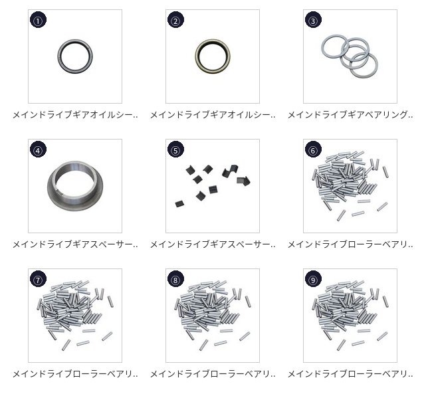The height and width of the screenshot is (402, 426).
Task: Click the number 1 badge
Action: click(x=38, y=20)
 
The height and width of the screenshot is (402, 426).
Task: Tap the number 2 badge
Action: click(x=175, y=20)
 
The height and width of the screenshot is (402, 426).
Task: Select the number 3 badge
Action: click(x=313, y=20)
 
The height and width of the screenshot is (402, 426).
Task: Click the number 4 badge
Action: click(x=38, y=150)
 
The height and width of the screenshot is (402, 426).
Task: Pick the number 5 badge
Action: click(x=175, y=150)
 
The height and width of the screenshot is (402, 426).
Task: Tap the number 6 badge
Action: click(x=313, y=150)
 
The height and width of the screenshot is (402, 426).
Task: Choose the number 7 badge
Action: click(x=38, y=279)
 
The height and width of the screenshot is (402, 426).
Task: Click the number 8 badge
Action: click(x=175, y=279)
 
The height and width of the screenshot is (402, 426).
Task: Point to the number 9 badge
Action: click(x=313, y=279)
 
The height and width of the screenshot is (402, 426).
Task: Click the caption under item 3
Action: click(x=350, y=115)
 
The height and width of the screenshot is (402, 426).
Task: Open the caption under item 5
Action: click(x=213, y=245)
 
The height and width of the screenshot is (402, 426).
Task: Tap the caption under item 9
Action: click(x=350, y=374)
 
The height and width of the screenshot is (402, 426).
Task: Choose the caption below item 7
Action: click(x=75, y=374)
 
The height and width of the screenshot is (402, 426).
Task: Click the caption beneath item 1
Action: click(x=75, y=115)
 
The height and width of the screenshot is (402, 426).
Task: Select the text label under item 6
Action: click(x=350, y=245)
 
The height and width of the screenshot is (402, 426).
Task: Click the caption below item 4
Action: click(x=75, y=245)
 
